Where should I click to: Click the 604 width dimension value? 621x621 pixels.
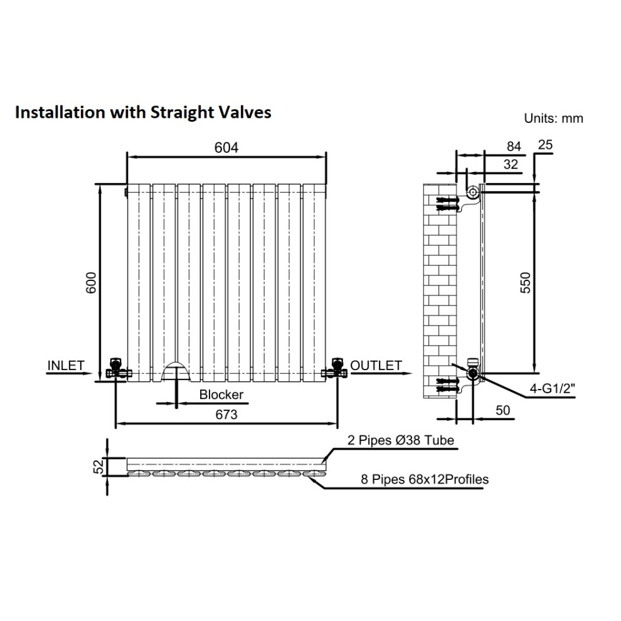pos(226,148)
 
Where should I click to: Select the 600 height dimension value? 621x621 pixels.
pos(91,283)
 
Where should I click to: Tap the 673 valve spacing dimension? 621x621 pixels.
pos(226,414)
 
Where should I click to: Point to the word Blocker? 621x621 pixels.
pos(221,395)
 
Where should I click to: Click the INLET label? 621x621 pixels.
pos(66,365)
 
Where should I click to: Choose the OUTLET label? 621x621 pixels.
pos(376,365)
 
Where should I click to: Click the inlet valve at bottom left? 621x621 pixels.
pos(117,369)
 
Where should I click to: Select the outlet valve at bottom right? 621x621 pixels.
pos(335,369)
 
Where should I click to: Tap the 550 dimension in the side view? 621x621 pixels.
pos(525,283)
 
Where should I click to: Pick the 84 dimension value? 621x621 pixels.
pos(514,147)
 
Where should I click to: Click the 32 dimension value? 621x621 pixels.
pos(511,164)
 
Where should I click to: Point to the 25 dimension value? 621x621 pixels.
pos(545,145)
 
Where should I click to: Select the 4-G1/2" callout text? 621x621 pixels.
pos(552,388)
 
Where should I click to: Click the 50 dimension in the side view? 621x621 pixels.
pos(503,410)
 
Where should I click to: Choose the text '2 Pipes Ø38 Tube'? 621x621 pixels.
pos(401,440)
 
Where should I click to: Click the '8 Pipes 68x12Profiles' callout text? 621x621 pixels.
pos(425,479)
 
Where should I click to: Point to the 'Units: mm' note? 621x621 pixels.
pos(553,118)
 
